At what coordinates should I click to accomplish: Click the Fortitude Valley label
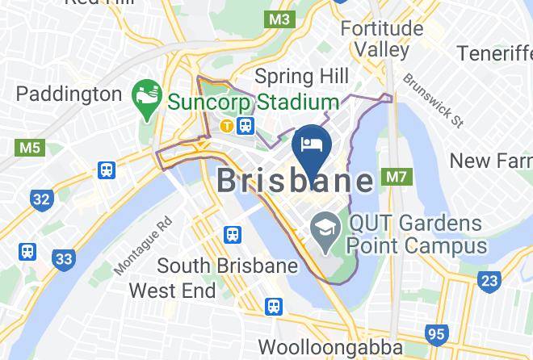click(382, 39)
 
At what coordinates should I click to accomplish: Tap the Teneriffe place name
click(494, 53)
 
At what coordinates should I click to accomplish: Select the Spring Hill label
click(301, 77)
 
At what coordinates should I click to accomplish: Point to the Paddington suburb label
click(69, 94)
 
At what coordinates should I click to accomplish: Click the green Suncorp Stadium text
click(253, 103)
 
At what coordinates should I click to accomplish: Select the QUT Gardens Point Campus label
click(418, 234)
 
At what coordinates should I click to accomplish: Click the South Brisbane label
click(216, 265)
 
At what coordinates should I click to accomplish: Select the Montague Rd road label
click(143, 245)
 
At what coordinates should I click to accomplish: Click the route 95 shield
click(438, 332)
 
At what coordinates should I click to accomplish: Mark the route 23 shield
click(489, 281)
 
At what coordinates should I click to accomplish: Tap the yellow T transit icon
click(228, 125)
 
